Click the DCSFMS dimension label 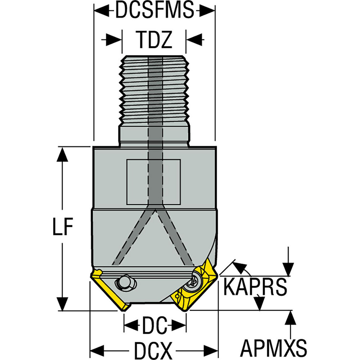click(x=154, y=10)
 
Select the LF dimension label click(x=63, y=226)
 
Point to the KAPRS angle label click(x=255, y=287)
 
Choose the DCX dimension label click(x=153, y=351)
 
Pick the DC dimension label click(x=155, y=325)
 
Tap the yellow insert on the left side click(x=109, y=290)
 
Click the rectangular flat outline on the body click(x=154, y=182)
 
